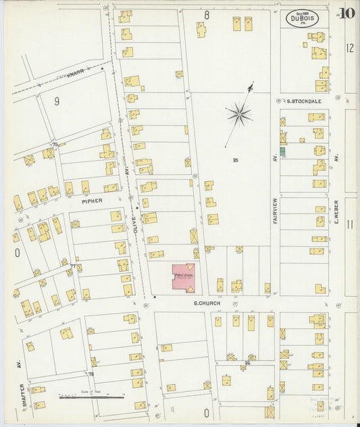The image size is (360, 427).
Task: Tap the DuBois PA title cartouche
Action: click(x=302, y=18)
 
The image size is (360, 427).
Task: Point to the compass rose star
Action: click(x=239, y=114)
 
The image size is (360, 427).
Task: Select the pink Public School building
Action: click(x=182, y=277)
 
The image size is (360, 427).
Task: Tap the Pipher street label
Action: click(x=91, y=201)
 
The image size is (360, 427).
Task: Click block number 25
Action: click(x=235, y=160)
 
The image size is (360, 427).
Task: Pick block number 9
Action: click(x=57, y=101)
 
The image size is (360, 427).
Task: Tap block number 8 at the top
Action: click(x=207, y=14)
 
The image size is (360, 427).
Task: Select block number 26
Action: click(x=247, y=363)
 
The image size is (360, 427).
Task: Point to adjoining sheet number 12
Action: click(x=350, y=47)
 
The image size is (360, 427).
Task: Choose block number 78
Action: click(x=91, y=374)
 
